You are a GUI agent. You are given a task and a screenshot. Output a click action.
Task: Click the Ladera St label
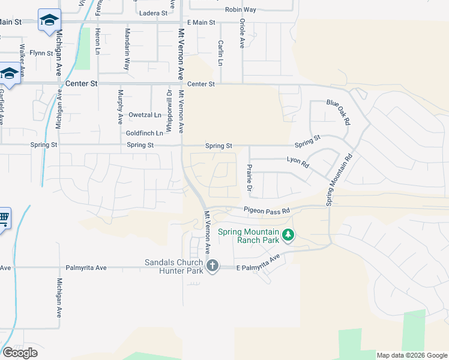[152, 13]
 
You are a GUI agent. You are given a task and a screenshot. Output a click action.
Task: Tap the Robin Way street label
[240, 10]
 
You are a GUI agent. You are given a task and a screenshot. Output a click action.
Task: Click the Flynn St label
[42, 53]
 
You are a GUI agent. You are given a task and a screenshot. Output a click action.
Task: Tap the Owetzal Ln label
[145, 115]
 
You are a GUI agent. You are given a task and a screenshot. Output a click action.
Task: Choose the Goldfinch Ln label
[145, 133]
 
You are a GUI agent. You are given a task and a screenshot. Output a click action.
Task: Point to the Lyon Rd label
[297, 161]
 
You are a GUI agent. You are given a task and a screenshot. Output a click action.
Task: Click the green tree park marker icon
[289, 234]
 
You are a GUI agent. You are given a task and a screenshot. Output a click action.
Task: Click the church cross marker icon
[212, 265]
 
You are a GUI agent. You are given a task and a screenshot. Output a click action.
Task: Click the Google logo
[20, 352]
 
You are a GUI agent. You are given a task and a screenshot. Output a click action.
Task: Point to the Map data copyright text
[412, 355]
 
